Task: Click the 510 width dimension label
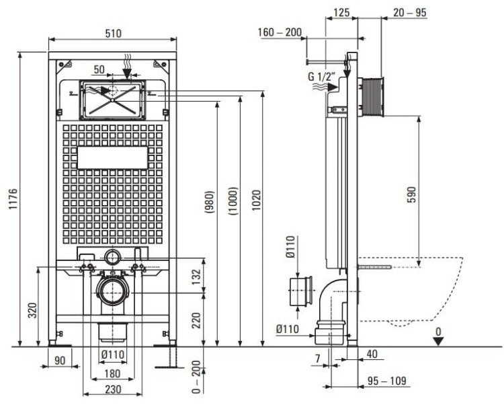coord(113,33)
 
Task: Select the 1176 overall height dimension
coord(13,199)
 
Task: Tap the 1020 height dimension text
coord(256,200)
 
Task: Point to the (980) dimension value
coord(209,202)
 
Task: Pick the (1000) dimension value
coord(233,201)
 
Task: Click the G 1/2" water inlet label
coord(321,77)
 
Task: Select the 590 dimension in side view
coord(411,194)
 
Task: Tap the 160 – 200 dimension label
coord(280,32)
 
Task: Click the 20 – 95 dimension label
coord(410,13)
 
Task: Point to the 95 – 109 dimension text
coord(387,381)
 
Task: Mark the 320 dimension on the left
coord(32,310)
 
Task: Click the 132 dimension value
coord(196,276)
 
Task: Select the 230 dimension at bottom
coord(113,389)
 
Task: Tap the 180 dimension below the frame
coord(112,373)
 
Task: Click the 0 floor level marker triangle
coord(438,341)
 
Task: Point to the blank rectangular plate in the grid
coord(113,157)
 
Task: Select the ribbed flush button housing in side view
coord(371,97)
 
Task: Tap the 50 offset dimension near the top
coord(99,69)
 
